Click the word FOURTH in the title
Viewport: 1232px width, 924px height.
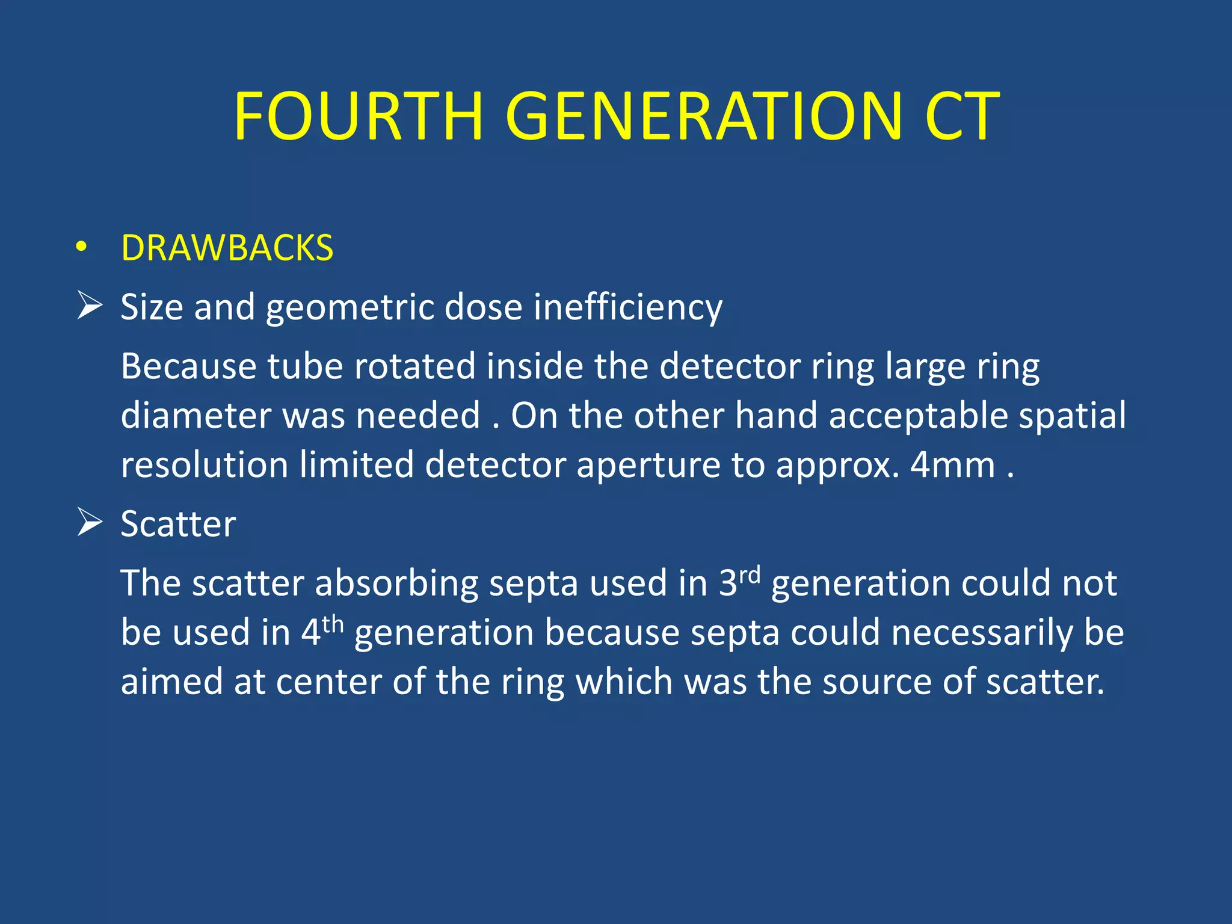[359, 115]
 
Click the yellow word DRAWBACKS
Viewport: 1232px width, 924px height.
[227, 248]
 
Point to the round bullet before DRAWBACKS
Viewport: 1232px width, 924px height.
[82, 247]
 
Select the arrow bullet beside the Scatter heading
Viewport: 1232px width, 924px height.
[90, 522]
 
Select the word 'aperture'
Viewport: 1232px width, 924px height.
[648, 466]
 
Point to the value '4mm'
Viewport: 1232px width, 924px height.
[953, 465]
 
